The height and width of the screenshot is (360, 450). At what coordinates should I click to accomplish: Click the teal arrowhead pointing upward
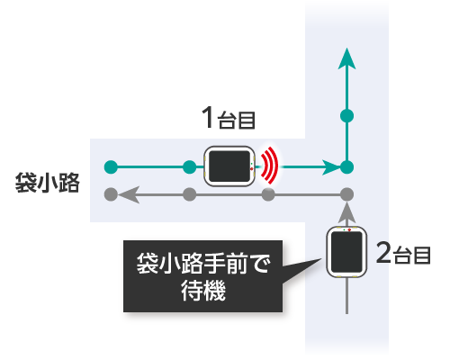click(346, 60)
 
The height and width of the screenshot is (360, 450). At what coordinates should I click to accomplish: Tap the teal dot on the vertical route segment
click(347, 116)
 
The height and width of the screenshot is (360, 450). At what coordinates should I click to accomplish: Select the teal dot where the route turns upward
click(347, 167)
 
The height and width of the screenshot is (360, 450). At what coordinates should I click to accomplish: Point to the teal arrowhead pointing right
click(331, 167)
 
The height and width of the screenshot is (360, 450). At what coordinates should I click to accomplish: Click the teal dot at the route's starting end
click(111, 167)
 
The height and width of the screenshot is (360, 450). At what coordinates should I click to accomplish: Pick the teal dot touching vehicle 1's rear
click(190, 167)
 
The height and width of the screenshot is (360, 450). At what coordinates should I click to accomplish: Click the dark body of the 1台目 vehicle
click(229, 166)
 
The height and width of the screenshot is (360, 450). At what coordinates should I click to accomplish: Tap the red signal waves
click(269, 166)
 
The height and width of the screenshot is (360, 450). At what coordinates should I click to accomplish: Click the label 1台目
click(229, 118)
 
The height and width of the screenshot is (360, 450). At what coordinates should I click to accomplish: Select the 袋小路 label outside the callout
click(48, 183)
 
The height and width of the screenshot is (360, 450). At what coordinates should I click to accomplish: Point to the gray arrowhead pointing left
click(129, 194)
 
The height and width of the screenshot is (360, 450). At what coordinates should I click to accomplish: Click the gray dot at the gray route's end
click(111, 194)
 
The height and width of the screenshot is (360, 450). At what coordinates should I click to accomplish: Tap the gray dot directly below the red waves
click(268, 194)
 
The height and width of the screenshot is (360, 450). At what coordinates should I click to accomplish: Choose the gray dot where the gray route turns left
click(347, 194)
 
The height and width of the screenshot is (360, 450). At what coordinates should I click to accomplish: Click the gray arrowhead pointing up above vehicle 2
click(347, 213)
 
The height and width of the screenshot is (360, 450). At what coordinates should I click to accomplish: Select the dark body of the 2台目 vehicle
click(346, 252)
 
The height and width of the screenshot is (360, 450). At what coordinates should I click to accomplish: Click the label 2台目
click(403, 254)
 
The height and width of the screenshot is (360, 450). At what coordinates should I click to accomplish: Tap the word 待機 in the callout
click(203, 291)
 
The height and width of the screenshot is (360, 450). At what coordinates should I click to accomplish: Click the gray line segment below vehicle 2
click(347, 296)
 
